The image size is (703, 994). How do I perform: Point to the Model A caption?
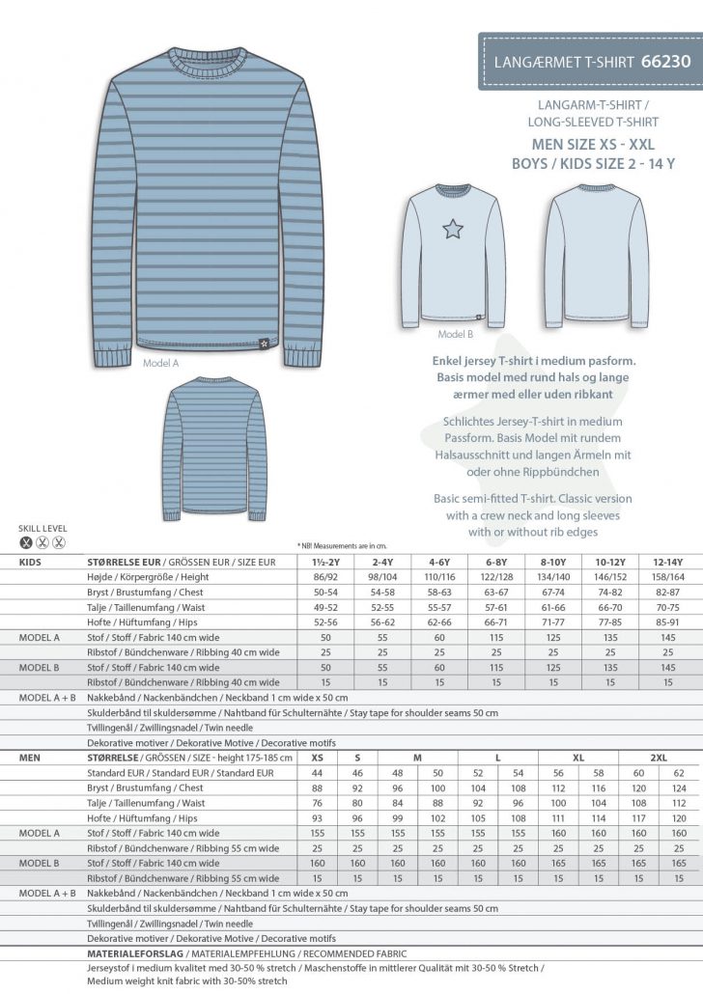click(161, 363)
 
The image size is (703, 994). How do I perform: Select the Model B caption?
click(455, 335)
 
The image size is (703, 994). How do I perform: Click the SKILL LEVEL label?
click(39, 529)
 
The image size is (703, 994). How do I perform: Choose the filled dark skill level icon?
click(26, 543)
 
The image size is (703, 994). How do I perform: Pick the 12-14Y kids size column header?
click(668, 561)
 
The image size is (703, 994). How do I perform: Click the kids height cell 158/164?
click(668, 577)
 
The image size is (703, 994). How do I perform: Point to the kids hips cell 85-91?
click(668, 624)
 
